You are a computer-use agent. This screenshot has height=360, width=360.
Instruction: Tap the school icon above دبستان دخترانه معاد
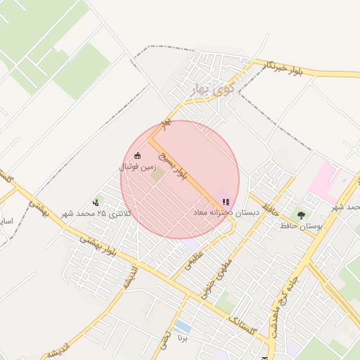click(225, 202)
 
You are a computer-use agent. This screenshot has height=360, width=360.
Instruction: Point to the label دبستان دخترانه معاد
click(226, 212)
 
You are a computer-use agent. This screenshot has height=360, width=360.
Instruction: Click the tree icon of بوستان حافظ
click(302, 215)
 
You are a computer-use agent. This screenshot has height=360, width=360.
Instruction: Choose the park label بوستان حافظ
click(300, 226)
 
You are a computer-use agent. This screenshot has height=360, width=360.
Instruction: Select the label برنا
click(182, 337)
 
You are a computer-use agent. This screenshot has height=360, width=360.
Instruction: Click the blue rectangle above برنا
click(182, 327)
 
